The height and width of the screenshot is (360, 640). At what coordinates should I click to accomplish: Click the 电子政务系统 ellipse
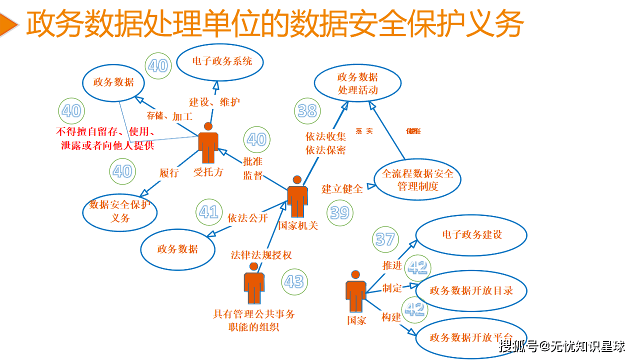220,62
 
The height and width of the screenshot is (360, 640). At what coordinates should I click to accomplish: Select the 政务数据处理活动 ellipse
357,83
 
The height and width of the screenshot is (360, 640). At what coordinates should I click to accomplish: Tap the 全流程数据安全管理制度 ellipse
417,179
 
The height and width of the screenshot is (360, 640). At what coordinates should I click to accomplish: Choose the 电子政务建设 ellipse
471,235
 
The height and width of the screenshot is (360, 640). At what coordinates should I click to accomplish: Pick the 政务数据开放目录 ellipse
471,290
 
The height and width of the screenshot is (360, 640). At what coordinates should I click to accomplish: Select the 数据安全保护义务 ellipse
120,211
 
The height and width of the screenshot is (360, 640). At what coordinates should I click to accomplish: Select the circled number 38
307,110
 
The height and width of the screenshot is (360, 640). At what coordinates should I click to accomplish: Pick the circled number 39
340,212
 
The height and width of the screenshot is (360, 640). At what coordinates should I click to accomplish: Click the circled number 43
294,281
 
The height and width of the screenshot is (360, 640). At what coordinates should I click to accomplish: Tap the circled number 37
385,239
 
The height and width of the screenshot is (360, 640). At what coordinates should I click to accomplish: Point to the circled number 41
209,212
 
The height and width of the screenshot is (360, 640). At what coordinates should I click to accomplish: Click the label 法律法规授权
261,255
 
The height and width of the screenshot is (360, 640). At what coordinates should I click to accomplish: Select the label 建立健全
342,188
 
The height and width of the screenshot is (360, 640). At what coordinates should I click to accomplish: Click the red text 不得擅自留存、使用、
105,132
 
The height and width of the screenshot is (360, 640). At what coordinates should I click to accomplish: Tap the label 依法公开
248,218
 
